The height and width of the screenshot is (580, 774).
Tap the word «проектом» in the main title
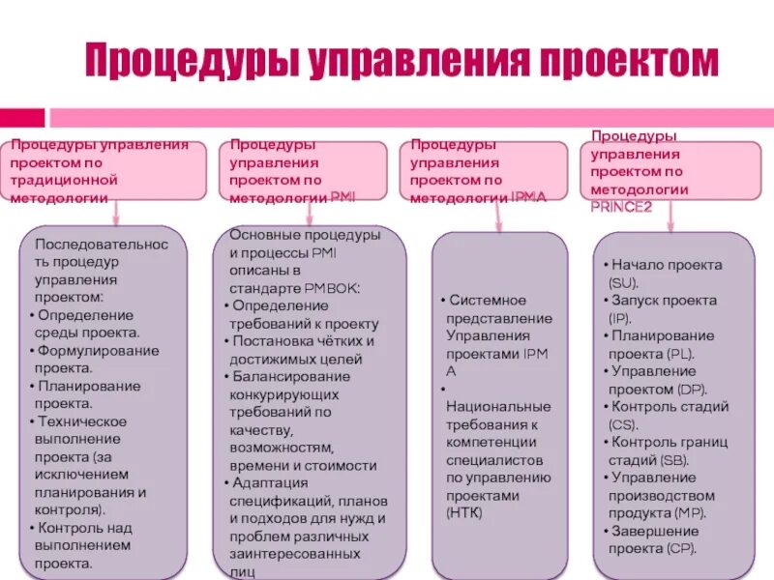pyautogui.click(x=629, y=61)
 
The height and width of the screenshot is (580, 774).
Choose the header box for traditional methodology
pyautogui.click(x=108, y=171)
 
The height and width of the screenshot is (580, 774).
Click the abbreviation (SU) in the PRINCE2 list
pyautogui.click(x=623, y=282)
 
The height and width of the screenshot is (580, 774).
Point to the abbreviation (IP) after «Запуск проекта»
pyautogui.click(x=619, y=318)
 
